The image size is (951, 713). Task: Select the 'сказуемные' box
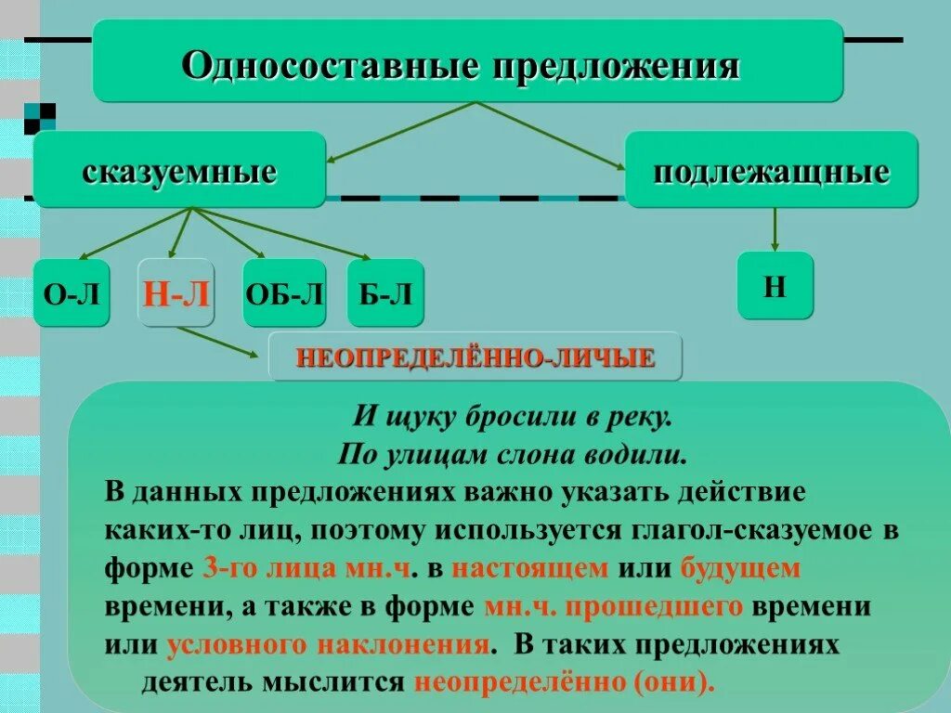tap(179, 170)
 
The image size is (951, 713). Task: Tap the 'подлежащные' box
tap(771, 170)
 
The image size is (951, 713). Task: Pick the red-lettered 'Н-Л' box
tap(176, 293)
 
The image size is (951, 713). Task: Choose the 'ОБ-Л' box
tap(284, 293)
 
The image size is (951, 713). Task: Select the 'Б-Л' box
tap(385, 293)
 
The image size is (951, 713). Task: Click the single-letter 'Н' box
tap(775, 285)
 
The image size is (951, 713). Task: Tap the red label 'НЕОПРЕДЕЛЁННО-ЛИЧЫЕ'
tap(475, 357)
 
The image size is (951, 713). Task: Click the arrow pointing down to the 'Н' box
tap(775, 229)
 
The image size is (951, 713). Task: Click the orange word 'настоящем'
tap(530, 567)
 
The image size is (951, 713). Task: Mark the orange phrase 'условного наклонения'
tap(328, 645)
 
